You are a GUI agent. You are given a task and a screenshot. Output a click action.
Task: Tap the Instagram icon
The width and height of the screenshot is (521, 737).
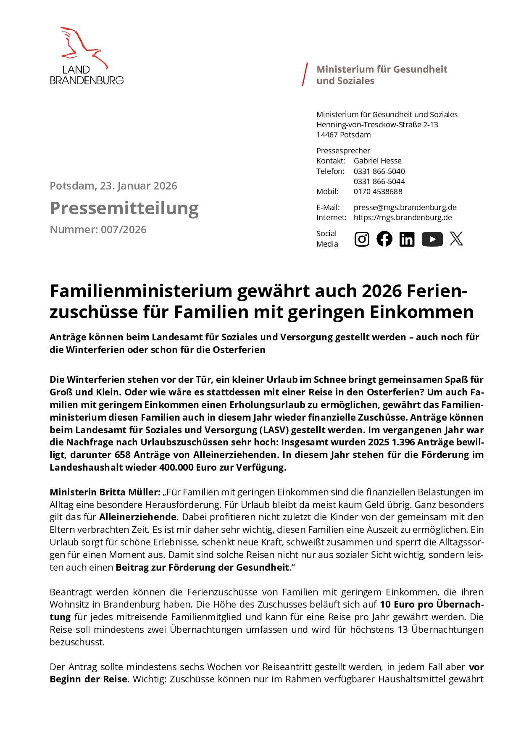point(362,239)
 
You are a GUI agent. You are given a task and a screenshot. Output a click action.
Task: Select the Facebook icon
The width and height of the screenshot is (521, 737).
point(384,239)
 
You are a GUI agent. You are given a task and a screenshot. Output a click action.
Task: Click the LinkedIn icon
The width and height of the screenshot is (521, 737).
point(407,239)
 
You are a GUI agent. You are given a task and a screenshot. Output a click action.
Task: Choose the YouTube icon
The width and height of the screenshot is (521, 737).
point(432,239)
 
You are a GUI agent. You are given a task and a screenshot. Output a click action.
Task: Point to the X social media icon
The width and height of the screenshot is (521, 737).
point(456,239)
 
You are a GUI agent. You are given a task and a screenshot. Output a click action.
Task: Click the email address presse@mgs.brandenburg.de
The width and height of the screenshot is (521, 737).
point(405,208)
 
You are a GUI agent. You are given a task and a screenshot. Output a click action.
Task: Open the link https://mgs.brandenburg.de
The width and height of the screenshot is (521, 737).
point(403,218)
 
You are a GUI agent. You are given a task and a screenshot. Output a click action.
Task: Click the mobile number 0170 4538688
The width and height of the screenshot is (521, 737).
point(378,192)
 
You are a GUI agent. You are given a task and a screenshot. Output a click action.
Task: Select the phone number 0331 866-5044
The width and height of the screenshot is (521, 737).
point(379,182)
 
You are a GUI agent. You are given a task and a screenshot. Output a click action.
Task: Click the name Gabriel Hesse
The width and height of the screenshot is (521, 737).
point(377,161)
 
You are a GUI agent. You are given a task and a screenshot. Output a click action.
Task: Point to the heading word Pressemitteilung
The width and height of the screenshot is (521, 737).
point(124,208)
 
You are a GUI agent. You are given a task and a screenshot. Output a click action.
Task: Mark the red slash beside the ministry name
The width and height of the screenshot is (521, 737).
point(305,75)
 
